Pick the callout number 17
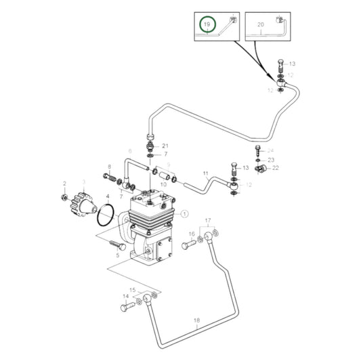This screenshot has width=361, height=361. tap(208, 221)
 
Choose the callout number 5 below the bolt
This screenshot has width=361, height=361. tap(116, 255)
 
